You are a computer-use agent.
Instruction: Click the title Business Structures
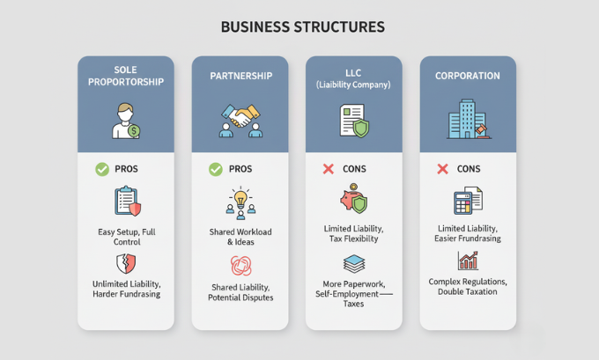pyautogui.click(x=302, y=27)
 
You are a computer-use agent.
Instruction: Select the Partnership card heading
pyautogui.click(x=240, y=77)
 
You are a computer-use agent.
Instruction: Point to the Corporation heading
pyautogui.click(x=467, y=77)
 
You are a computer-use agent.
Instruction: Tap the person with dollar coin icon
pyautogui.click(x=126, y=121)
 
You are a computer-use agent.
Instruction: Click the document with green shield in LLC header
pyautogui.click(x=353, y=121)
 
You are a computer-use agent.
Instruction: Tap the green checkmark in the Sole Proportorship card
pyautogui.click(x=101, y=168)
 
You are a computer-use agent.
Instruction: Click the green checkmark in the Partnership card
pyautogui.click(x=216, y=168)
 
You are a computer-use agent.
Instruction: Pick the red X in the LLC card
pyautogui.click(x=329, y=168)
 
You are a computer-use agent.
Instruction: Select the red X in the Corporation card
pyautogui.click(x=442, y=168)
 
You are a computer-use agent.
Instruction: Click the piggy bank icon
pyautogui.click(x=354, y=199)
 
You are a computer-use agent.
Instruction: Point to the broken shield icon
pyautogui.click(x=126, y=263)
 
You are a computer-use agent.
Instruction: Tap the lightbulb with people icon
pyautogui.click(x=240, y=201)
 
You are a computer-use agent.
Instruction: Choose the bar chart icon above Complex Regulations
pyautogui.click(x=468, y=261)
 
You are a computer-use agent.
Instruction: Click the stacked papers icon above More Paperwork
pyautogui.click(x=354, y=263)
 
